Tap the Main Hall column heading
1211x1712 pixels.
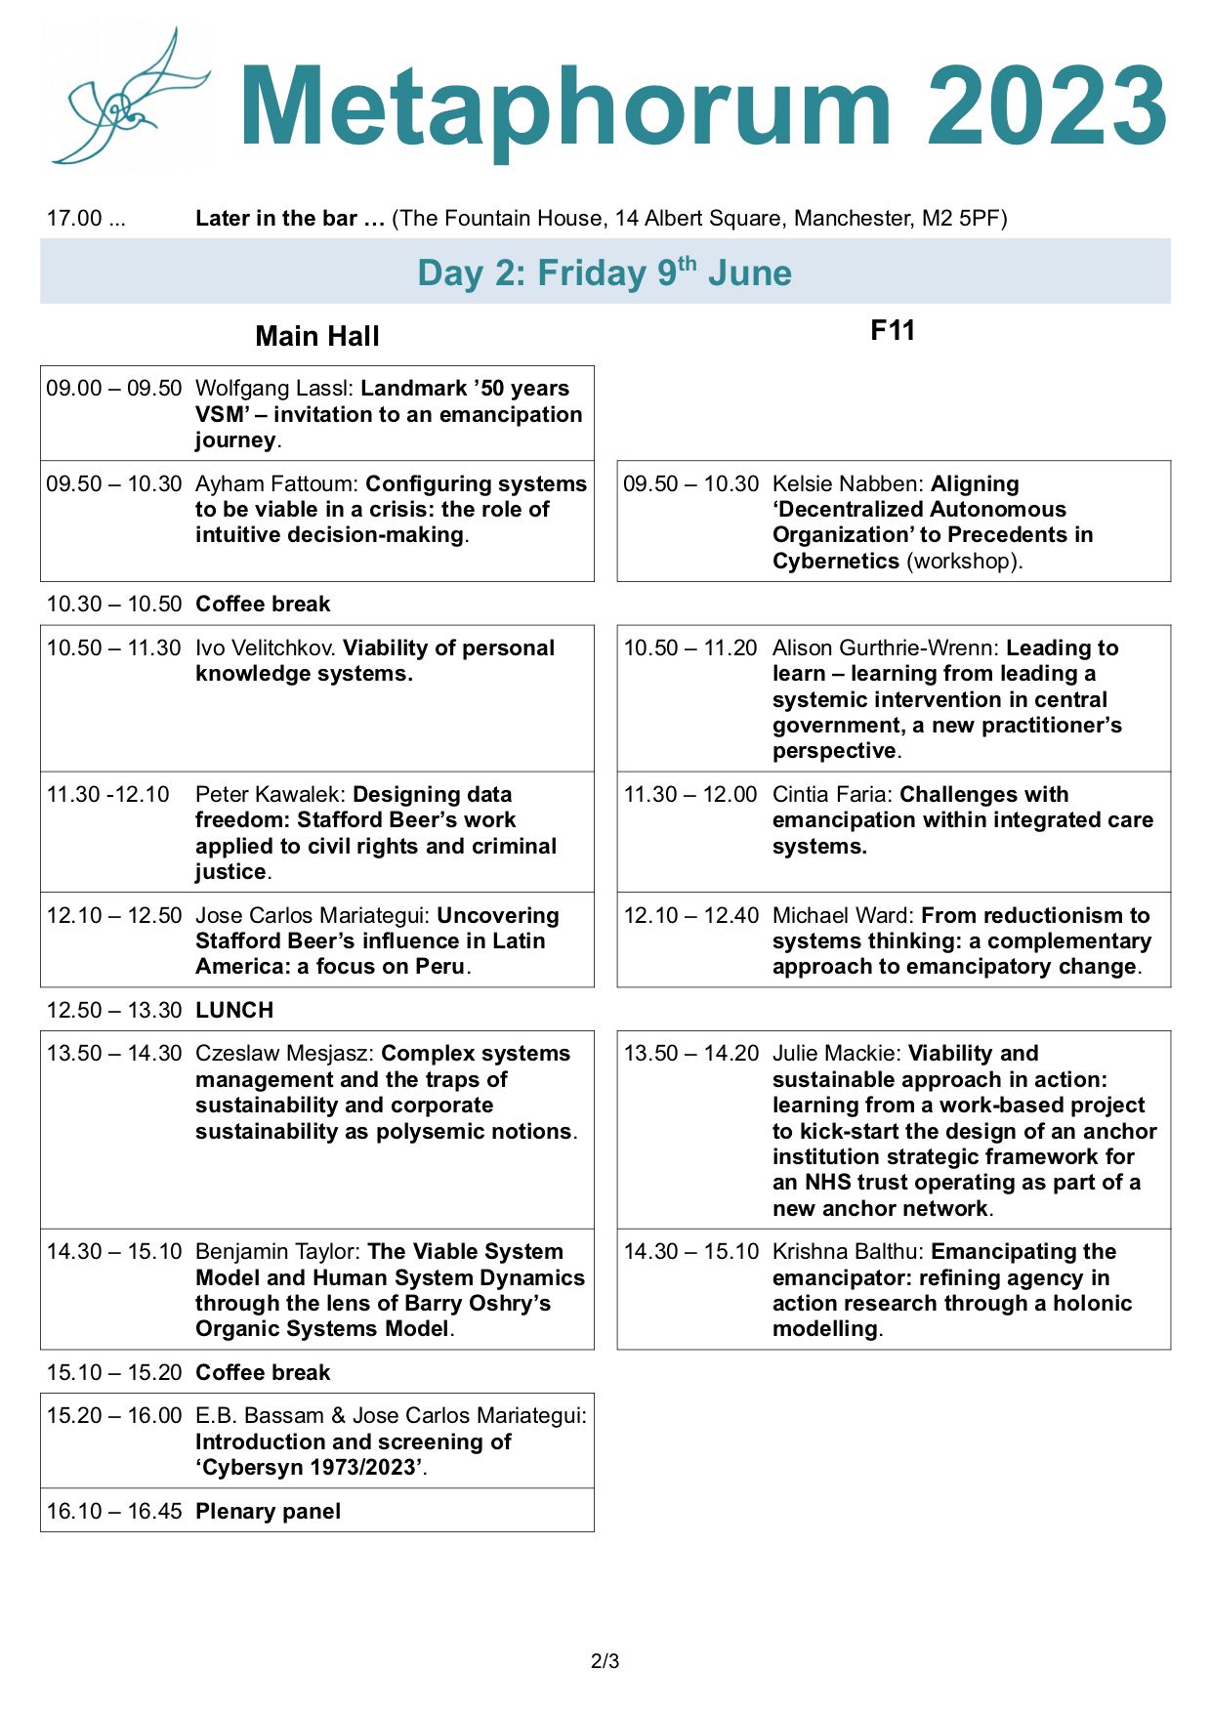tap(316, 336)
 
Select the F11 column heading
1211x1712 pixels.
tap(893, 330)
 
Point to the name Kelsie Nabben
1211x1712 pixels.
tap(848, 483)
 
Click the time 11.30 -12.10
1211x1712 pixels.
tap(107, 794)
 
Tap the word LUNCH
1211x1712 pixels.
tap(234, 1010)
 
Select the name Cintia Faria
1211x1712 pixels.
tap(831, 794)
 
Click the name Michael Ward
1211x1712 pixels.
tap(842, 915)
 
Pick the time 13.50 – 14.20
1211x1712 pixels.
tap(690, 1053)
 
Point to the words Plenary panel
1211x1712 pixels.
tap(268, 1511)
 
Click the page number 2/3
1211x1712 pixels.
tap(605, 1660)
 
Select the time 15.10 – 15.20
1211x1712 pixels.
tap(114, 1372)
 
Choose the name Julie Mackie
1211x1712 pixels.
tap(835, 1053)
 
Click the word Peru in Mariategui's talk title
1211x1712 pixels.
tap(439, 966)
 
